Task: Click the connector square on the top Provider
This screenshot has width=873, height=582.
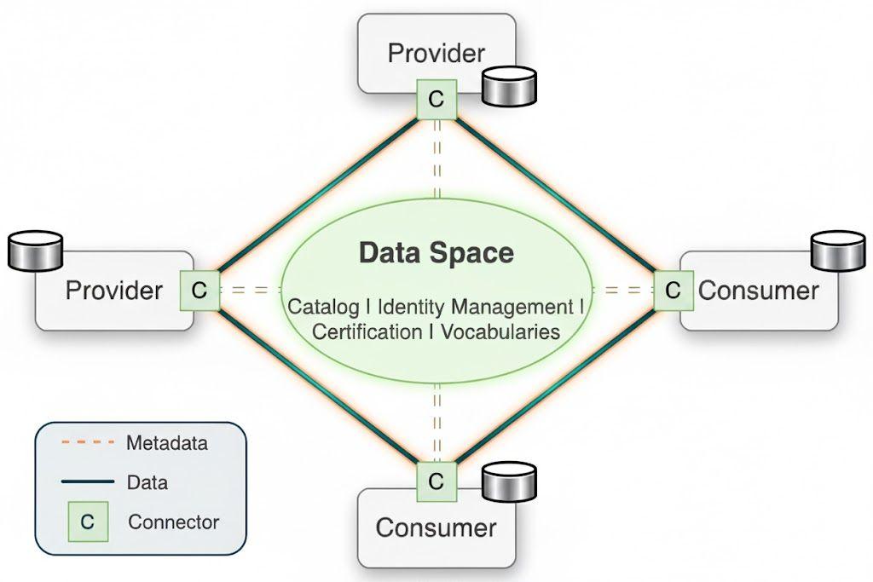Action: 436,100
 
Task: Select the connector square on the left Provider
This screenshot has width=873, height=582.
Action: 199,290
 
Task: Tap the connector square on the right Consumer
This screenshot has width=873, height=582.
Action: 673,290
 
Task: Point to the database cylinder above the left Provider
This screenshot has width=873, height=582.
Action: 35,250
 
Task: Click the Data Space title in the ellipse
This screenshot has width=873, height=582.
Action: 436,253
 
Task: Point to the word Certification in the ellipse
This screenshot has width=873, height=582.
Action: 367,331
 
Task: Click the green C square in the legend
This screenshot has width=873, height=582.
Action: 88,521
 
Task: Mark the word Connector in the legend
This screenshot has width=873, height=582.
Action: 173,521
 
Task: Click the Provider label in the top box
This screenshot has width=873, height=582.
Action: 436,53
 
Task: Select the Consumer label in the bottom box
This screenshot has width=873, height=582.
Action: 436,527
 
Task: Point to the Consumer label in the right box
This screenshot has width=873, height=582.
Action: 758,291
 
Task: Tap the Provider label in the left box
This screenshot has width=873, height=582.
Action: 114,291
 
